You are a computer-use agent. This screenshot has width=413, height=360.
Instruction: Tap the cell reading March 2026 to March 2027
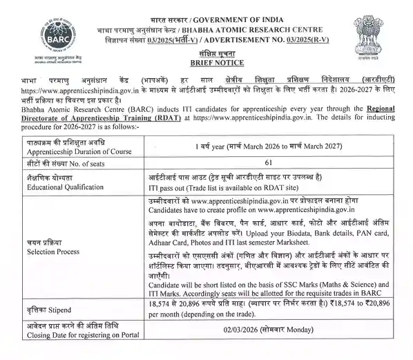[x=268, y=147]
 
